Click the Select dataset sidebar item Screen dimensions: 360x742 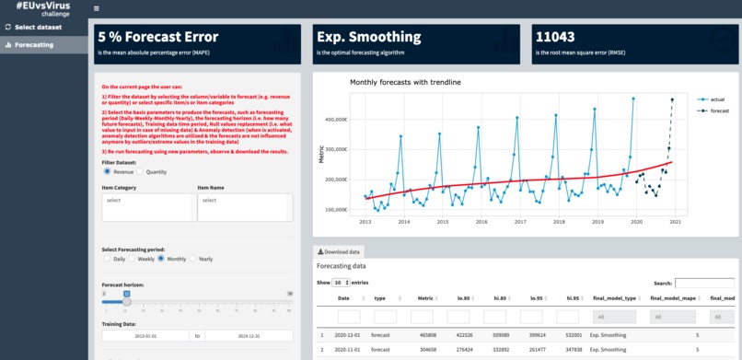38,27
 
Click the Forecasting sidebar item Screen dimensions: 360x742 33,44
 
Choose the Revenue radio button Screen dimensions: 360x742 108,171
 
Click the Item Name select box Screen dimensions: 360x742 244,206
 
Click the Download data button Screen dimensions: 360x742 339,251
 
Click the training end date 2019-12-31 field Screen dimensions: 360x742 248,336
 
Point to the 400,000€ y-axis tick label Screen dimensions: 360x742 333,119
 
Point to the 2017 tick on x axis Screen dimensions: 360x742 520,222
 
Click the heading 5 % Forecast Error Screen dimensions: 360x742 158,38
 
